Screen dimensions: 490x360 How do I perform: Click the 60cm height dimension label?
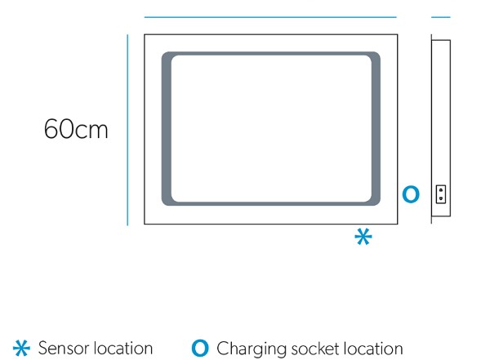click(x=76, y=128)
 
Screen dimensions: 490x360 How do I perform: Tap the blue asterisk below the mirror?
click(x=363, y=237)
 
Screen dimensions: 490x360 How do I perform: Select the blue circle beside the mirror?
click(x=411, y=194)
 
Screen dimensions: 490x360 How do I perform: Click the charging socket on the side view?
click(x=441, y=194)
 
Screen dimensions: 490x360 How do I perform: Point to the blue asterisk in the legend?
click(x=21, y=348)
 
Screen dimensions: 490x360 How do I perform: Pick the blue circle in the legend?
click(x=200, y=348)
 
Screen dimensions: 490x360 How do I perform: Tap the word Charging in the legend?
click(x=252, y=349)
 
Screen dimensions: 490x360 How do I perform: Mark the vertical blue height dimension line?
click(x=127, y=130)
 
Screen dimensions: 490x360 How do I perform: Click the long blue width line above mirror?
click(x=270, y=17)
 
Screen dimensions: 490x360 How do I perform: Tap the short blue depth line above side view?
click(x=441, y=17)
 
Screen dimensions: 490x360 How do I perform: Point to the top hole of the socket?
click(x=441, y=189)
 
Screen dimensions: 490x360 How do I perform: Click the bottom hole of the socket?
click(x=441, y=198)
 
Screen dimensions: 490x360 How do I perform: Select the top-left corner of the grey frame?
click(x=163, y=53)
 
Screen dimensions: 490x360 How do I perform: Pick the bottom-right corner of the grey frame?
click(x=379, y=204)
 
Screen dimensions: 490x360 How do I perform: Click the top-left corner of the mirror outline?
click(x=145, y=34)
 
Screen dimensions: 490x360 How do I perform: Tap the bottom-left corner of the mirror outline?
click(x=145, y=224)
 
